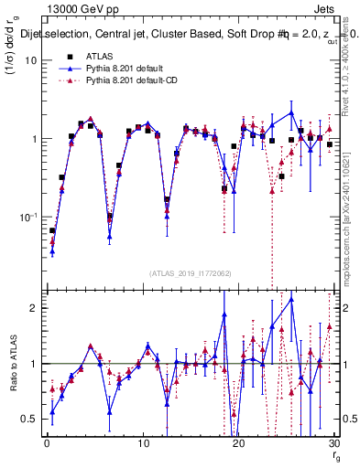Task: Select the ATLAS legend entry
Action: pos(99,56)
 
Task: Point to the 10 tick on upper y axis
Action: pos(28,60)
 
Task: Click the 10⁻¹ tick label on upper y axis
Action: pos(27,218)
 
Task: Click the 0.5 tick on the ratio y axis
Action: pos(28,419)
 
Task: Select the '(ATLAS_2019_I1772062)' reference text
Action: pos(190,273)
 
